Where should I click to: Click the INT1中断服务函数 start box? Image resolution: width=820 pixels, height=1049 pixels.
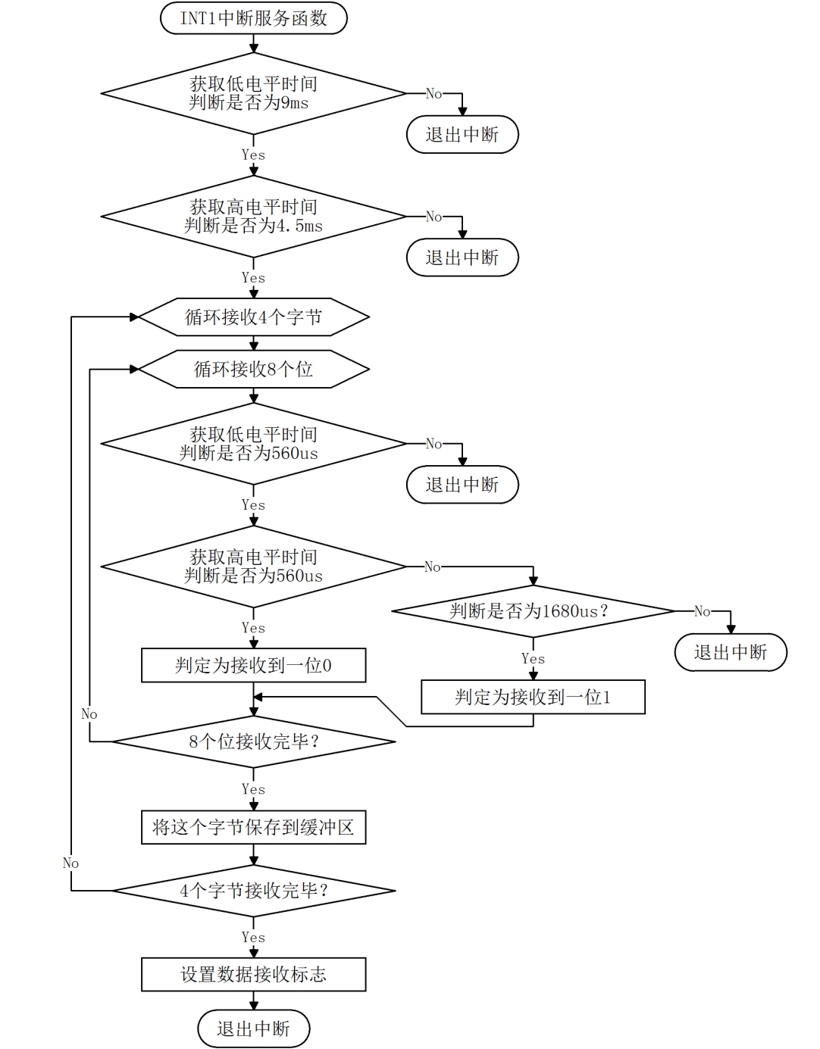[x=253, y=18]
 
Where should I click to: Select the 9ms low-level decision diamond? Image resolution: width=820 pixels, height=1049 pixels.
[x=253, y=93]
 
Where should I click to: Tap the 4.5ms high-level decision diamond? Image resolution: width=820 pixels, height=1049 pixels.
[x=253, y=217]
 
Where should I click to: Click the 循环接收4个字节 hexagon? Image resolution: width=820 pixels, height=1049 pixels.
[x=253, y=317]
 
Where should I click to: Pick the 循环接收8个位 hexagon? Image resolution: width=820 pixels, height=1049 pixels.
[x=253, y=369]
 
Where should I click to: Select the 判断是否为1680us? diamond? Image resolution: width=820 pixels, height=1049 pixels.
[x=533, y=610]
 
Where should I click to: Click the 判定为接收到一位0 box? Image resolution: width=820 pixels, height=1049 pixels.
[x=253, y=665]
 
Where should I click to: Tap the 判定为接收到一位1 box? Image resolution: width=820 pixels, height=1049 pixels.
[x=533, y=697]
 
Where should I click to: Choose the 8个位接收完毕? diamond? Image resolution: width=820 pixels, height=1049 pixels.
[x=253, y=741]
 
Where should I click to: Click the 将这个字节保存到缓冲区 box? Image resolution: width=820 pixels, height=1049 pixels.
[x=253, y=827]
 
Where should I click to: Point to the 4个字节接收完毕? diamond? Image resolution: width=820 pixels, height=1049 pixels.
[x=253, y=891]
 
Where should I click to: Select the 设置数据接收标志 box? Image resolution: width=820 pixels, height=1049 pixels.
[x=253, y=974]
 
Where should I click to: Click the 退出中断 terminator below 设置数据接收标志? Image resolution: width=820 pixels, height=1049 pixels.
[x=253, y=1029]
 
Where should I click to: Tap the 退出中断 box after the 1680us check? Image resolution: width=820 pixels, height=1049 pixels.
[x=731, y=652]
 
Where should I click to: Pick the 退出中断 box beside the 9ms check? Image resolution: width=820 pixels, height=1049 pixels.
[x=462, y=135]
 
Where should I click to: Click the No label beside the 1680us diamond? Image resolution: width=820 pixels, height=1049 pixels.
[x=703, y=611]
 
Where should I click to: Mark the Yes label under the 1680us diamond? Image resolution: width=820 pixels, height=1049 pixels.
[x=533, y=659]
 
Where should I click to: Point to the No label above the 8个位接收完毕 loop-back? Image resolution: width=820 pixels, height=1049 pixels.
[x=89, y=714]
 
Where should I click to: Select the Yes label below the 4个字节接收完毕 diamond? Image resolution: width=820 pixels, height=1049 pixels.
[x=253, y=938]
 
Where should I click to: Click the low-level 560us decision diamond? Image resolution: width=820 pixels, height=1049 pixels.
[x=253, y=444]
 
